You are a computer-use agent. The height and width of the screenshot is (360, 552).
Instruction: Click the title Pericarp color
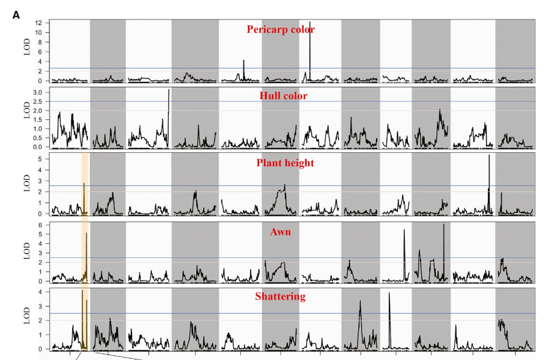(x=281, y=29)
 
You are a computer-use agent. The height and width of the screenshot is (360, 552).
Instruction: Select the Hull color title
(x=282, y=96)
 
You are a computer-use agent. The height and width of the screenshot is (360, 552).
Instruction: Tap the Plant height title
(x=284, y=163)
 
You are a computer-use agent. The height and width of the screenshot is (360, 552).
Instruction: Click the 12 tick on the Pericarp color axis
(x=38, y=23)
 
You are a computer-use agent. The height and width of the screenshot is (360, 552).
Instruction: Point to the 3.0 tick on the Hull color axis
(x=37, y=92)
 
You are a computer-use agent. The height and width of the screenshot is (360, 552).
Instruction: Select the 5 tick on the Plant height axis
(x=40, y=159)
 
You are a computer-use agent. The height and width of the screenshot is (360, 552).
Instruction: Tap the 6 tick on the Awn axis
(x=40, y=225)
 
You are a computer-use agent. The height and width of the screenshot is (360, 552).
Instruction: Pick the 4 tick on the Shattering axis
(x=40, y=292)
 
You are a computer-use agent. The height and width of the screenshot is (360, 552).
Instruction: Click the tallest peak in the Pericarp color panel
(x=310, y=23)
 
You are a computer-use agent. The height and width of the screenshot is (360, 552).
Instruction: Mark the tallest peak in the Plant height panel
(x=489, y=156)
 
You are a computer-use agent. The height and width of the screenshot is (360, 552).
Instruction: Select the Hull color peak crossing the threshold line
(x=169, y=91)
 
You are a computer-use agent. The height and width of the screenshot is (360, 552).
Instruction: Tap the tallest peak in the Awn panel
(x=443, y=225)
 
